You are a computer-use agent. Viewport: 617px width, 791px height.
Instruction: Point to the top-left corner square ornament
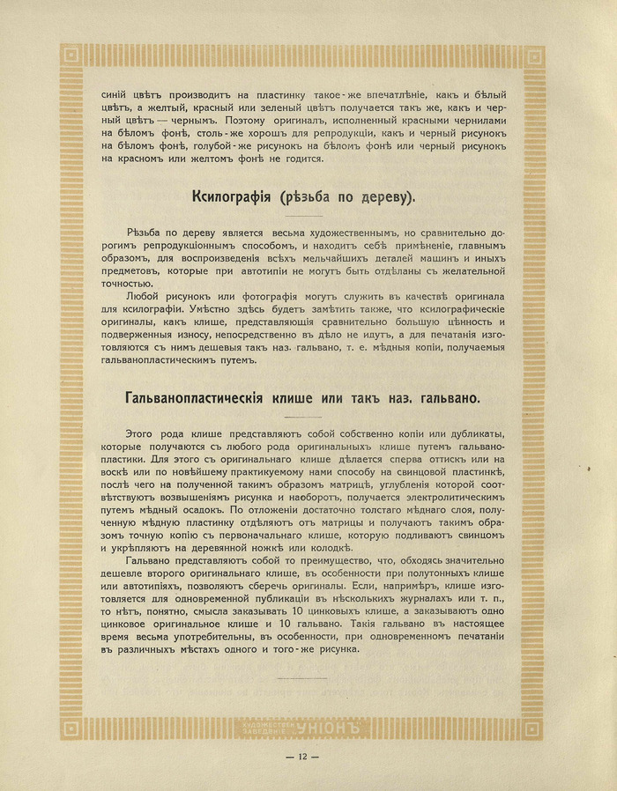click(x=74, y=59)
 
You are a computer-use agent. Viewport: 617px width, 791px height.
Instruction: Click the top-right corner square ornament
click(x=532, y=59)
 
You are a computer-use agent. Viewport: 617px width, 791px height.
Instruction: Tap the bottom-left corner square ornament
click(x=74, y=728)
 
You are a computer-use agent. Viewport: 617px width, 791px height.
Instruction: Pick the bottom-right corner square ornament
click(x=532, y=728)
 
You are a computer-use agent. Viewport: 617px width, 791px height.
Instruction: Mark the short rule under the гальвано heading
click(x=301, y=418)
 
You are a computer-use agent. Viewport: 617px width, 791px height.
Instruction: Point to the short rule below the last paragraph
click(x=301, y=678)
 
